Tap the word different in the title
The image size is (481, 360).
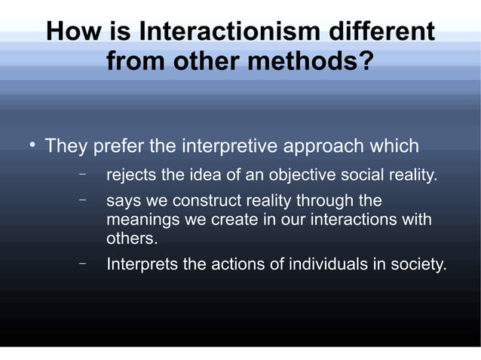[380, 32]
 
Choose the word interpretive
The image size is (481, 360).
[231, 145]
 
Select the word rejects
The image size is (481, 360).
[132, 176]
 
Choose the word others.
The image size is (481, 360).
[131, 239]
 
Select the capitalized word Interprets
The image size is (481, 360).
[143, 265]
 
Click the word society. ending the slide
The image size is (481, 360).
[418, 265]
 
